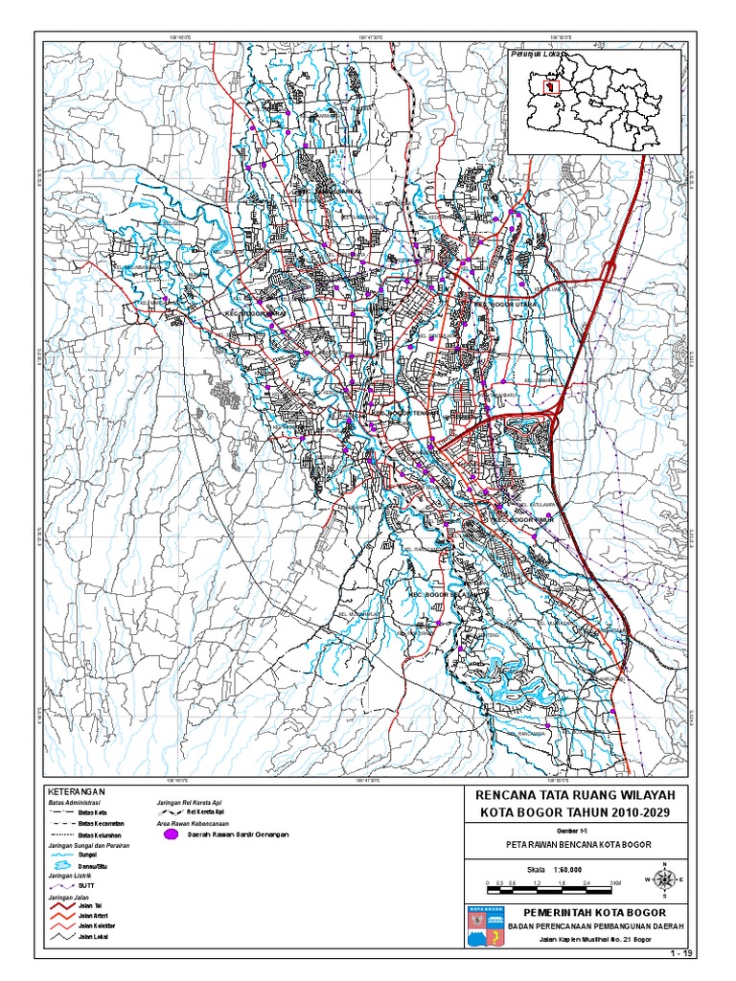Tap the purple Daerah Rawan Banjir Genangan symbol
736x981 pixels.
coord(172,834)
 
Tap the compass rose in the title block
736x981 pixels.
coord(664,878)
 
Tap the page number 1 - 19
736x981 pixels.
coord(681,953)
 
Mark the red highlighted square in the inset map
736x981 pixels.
coord(550,86)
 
